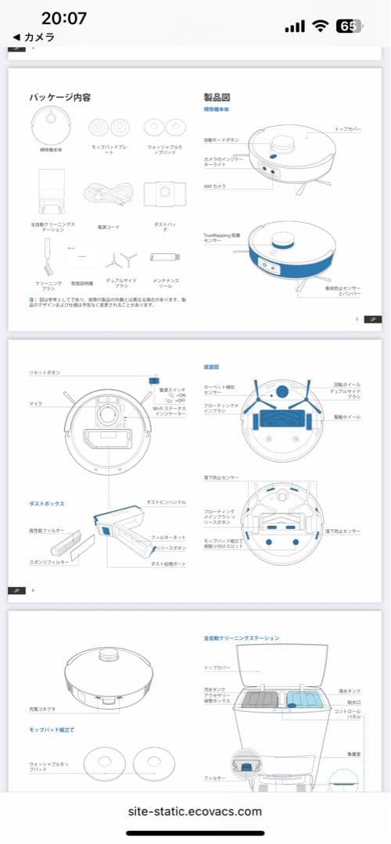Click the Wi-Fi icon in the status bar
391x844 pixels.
point(319,26)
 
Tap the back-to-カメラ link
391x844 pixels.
point(34,37)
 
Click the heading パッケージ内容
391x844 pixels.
point(60,97)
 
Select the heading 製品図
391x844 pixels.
point(217,98)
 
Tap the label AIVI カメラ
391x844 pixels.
point(215,186)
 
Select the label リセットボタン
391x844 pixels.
point(45,374)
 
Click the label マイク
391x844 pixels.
point(36,404)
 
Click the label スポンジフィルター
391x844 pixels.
point(49,562)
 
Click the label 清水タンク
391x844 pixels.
point(349,691)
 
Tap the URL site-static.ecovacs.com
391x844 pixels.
point(195,811)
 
